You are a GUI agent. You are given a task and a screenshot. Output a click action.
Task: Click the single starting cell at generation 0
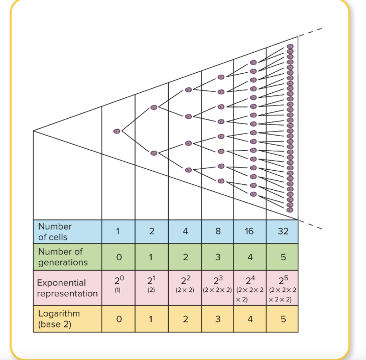pos(117,131)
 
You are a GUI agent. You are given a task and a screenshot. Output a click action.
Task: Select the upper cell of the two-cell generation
pos(154,107)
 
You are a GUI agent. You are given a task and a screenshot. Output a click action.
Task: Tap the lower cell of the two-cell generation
pos(154,153)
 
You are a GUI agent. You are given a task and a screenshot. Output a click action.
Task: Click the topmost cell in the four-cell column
pos(188,90)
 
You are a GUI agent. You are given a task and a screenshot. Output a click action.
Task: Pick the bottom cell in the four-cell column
pos(188,170)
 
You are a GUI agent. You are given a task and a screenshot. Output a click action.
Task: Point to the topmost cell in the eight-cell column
pos(221,77)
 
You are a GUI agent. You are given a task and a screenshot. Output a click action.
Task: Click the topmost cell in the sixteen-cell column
pos(253,62)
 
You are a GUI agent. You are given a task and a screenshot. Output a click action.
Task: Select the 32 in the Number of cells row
pos(283,231)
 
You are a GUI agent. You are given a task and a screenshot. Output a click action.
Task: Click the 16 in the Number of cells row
pos(249,231)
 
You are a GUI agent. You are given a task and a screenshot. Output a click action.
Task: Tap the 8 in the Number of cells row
pos(218,231)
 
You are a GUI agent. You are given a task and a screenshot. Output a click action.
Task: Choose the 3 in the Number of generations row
pos(218,257)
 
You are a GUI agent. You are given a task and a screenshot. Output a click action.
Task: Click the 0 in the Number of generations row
pos(119,257)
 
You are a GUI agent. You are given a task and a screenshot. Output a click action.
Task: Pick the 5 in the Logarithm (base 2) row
pos(283,319)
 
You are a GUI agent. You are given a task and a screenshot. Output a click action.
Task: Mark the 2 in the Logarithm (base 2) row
pos(185,319)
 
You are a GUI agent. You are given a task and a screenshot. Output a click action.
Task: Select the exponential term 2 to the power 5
pos(283,279)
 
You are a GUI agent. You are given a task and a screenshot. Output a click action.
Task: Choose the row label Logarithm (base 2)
pos(59,319)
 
